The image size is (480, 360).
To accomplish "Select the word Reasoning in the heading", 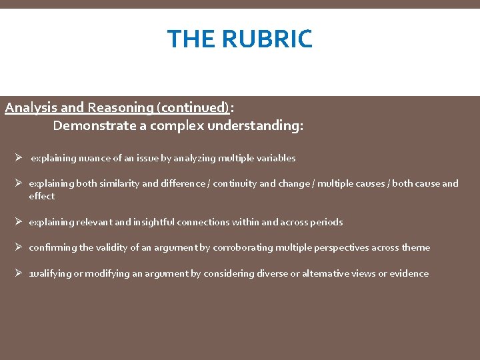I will [x=113, y=107].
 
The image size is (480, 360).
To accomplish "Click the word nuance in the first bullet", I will [x=93, y=158].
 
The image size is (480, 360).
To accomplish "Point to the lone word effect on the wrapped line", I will [x=41, y=196].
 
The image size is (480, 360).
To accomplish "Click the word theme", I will [x=415, y=247].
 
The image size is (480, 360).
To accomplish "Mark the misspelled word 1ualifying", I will [x=50, y=273].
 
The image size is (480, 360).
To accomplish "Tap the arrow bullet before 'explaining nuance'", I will [x=19, y=158].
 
